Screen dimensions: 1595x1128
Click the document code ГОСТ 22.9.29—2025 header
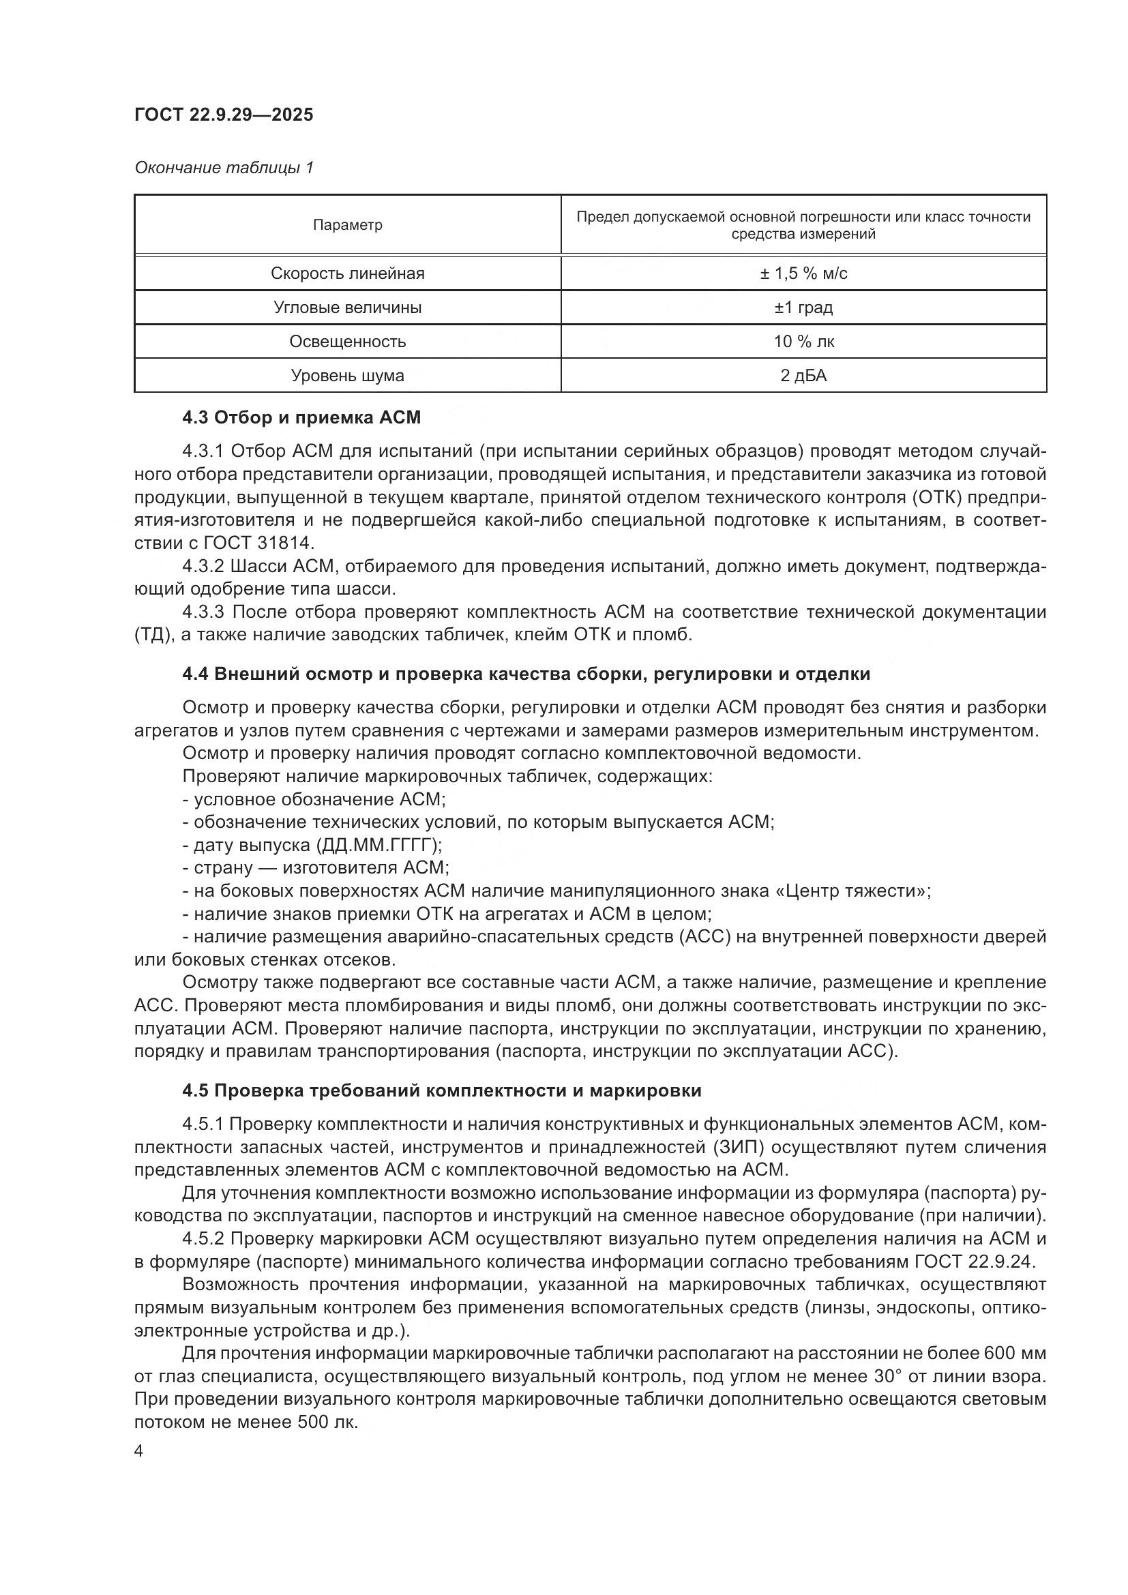(224, 115)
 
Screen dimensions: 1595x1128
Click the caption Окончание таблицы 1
(224, 168)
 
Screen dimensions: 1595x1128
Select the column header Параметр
(347, 225)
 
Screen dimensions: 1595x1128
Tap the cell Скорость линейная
(347, 273)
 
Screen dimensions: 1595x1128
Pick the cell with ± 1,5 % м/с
(803, 273)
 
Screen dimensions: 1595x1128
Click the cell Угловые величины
(347, 307)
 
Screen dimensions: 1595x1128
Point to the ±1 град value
(803, 307)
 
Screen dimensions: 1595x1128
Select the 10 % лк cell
(803, 341)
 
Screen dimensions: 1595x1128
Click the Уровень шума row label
(347, 375)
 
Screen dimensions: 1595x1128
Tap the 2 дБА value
(803, 375)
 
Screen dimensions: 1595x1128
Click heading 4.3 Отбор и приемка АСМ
(301, 417)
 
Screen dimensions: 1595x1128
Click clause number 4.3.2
(203, 566)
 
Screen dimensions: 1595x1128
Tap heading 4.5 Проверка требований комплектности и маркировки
(442, 1090)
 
